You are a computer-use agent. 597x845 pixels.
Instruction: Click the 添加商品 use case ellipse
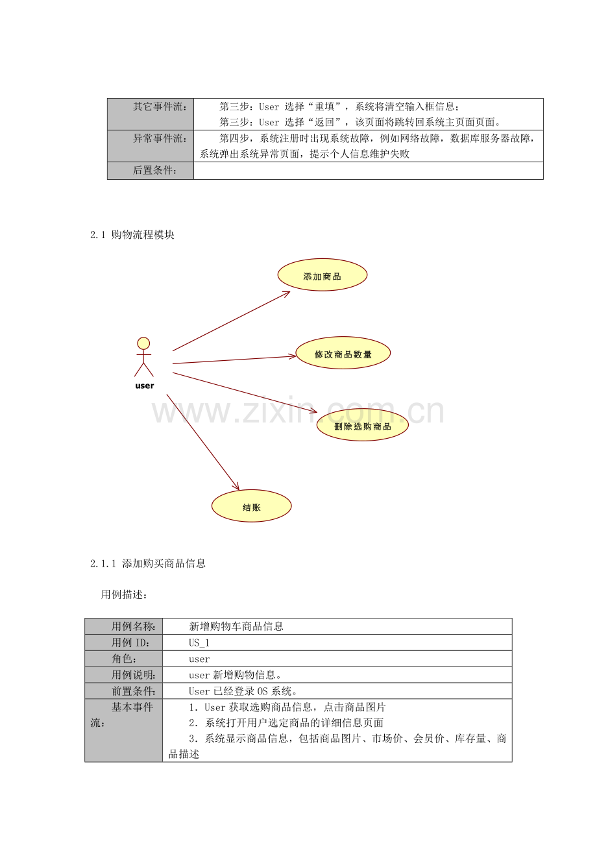(322, 275)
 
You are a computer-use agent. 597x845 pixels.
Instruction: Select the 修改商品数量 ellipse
(343, 352)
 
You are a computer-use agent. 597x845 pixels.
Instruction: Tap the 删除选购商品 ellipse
(363, 424)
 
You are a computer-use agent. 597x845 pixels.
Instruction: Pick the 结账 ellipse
(252, 506)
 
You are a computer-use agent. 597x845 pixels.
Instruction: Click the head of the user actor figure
(143, 343)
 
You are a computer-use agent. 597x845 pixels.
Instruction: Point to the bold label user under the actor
(145, 386)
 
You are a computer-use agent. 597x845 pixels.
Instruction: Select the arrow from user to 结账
(203, 442)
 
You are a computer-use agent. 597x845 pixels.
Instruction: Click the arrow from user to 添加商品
(231, 321)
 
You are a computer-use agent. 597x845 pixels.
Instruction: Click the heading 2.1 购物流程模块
(132, 235)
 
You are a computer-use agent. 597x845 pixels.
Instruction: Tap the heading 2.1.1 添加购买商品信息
(148, 563)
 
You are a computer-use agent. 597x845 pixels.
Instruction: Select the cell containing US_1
(337, 643)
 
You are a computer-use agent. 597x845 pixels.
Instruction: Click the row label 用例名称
(133, 626)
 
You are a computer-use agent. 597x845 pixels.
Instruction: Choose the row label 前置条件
(133, 691)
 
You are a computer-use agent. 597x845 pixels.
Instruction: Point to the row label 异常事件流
(160, 138)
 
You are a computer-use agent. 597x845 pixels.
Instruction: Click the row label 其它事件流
(160, 106)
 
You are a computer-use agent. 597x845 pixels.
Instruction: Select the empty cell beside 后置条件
(369, 171)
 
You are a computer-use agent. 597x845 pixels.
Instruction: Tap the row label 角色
(124, 659)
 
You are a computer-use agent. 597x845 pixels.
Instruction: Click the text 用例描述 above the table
(124, 594)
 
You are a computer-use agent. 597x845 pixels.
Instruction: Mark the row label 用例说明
(133, 674)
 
